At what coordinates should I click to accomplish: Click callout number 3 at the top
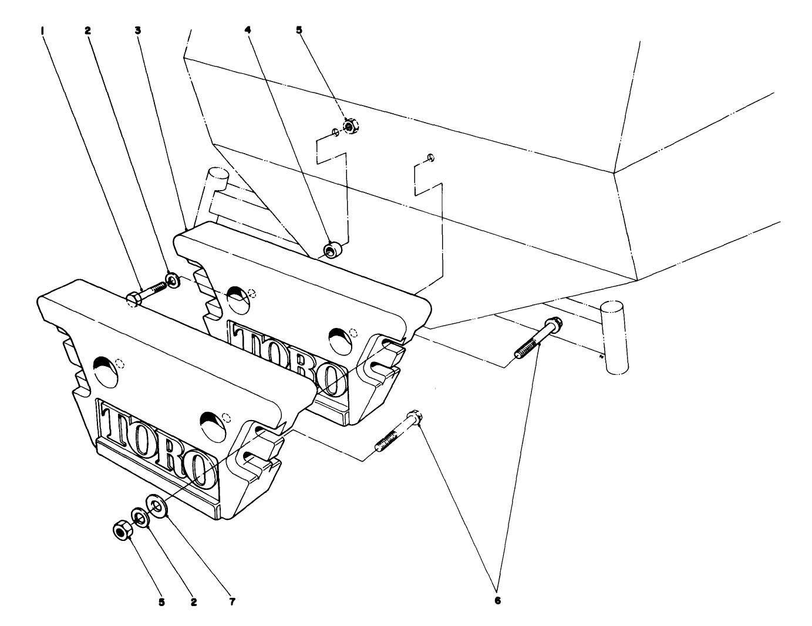137,31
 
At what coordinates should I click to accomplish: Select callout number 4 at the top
248,31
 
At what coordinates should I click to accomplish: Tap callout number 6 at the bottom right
497,601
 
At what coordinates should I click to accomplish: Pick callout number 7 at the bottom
232,601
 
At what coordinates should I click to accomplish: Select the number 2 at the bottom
194,601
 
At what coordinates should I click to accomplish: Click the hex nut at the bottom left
122,531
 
